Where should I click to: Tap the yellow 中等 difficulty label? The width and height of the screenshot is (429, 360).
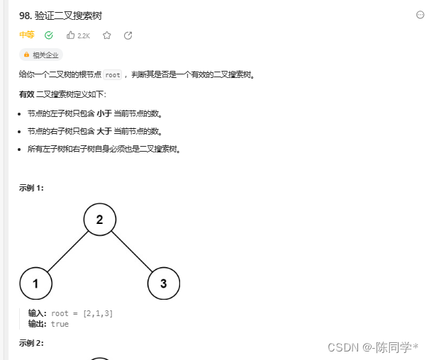pos(26,35)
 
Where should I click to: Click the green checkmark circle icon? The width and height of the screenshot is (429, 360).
pos(48,35)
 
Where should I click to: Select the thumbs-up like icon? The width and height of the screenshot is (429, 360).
pos(70,35)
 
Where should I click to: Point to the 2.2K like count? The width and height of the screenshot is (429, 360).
pos(84,35)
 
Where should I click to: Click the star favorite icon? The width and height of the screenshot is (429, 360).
pos(107,35)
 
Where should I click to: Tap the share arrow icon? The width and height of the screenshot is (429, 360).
pos(128,35)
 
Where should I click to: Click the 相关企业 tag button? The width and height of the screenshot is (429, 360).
pos(42,55)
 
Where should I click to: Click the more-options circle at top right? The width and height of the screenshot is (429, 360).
pos(420,15)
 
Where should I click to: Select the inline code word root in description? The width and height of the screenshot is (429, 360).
pos(112,74)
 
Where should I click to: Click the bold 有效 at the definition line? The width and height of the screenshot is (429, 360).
pos(26,94)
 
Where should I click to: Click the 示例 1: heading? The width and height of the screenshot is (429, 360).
pos(32,188)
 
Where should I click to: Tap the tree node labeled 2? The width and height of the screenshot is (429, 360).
pos(100,220)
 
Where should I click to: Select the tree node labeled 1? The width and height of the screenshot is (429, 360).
pos(36,283)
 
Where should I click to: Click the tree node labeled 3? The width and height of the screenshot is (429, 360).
pos(164,283)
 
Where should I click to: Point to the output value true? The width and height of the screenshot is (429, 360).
pos(60,324)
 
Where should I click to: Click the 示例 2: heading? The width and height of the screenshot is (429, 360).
pos(32,343)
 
